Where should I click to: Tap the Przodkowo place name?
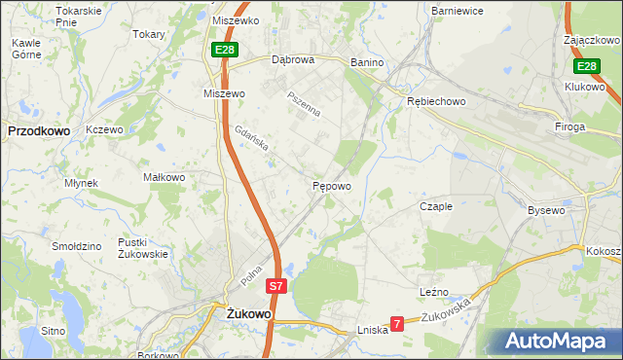pos(35,129)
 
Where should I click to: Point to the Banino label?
pos(368,62)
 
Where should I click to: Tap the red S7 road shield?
pos(276,286)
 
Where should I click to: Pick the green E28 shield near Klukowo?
pos(585,66)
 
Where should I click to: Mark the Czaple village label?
pos(436,206)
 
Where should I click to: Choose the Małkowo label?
pos(164,177)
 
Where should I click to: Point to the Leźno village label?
pos(434,291)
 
